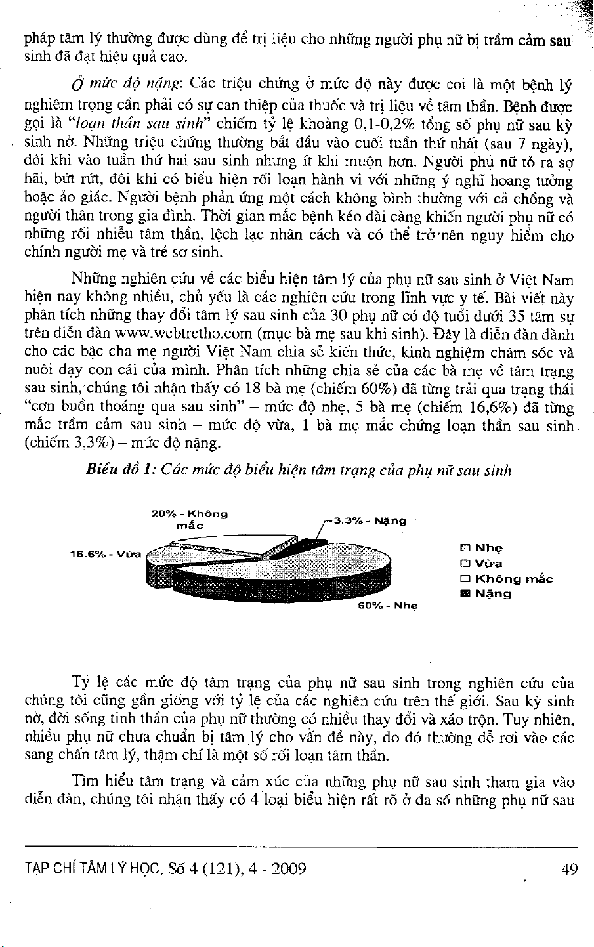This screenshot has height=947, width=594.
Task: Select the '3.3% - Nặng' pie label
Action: point(370,521)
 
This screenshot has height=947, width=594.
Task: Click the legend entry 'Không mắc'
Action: point(507,579)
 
